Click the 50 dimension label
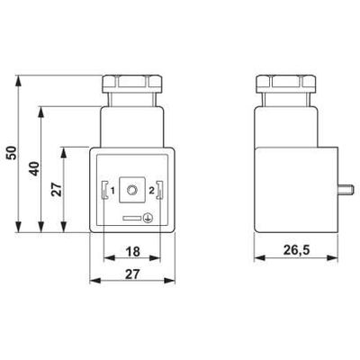(x=12, y=152)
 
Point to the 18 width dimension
(x=131, y=252)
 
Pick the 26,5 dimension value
(x=290, y=252)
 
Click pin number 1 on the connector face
(x=113, y=191)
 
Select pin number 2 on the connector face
(x=150, y=191)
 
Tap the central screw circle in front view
(x=132, y=191)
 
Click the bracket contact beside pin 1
(x=105, y=191)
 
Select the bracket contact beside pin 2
(x=160, y=191)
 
